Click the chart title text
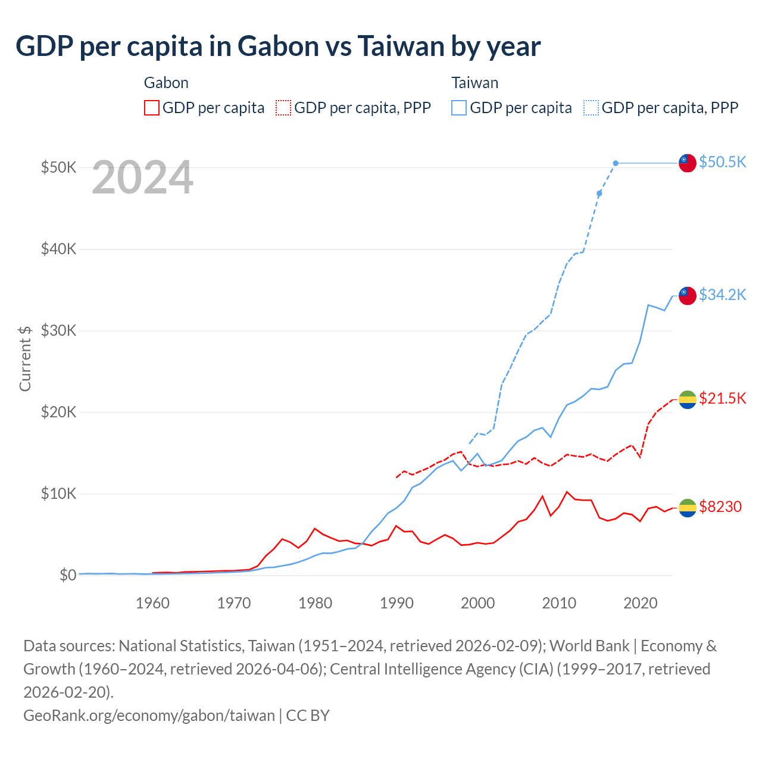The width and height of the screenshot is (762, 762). [278, 46]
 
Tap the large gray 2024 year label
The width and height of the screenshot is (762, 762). [142, 177]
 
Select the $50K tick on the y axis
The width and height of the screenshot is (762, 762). [58, 167]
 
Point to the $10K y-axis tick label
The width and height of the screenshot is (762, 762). [58, 494]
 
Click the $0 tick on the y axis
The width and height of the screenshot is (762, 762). [67, 575]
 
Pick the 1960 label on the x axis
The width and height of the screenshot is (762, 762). [152, 603]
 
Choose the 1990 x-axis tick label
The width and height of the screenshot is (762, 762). [396, 603]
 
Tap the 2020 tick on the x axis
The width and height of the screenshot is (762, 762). [640, 603]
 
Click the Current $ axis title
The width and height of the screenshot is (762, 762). [25, 359]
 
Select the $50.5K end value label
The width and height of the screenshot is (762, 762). [722, 163]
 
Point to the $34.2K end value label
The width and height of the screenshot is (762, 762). [722, 295]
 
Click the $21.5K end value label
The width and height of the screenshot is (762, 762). [722, 398]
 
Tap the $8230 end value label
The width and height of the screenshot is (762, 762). [720, 507]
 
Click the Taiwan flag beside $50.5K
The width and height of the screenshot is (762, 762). [688, 163]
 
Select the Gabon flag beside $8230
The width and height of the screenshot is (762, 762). [688, 507]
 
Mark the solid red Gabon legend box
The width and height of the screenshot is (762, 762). [152, 108]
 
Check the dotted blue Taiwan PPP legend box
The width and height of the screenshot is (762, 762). [591, 108]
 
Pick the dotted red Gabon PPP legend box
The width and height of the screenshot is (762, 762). [283, 108]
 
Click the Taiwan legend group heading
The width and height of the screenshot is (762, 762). [474, 83]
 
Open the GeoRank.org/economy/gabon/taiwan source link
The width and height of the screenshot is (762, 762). [149, 715]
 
